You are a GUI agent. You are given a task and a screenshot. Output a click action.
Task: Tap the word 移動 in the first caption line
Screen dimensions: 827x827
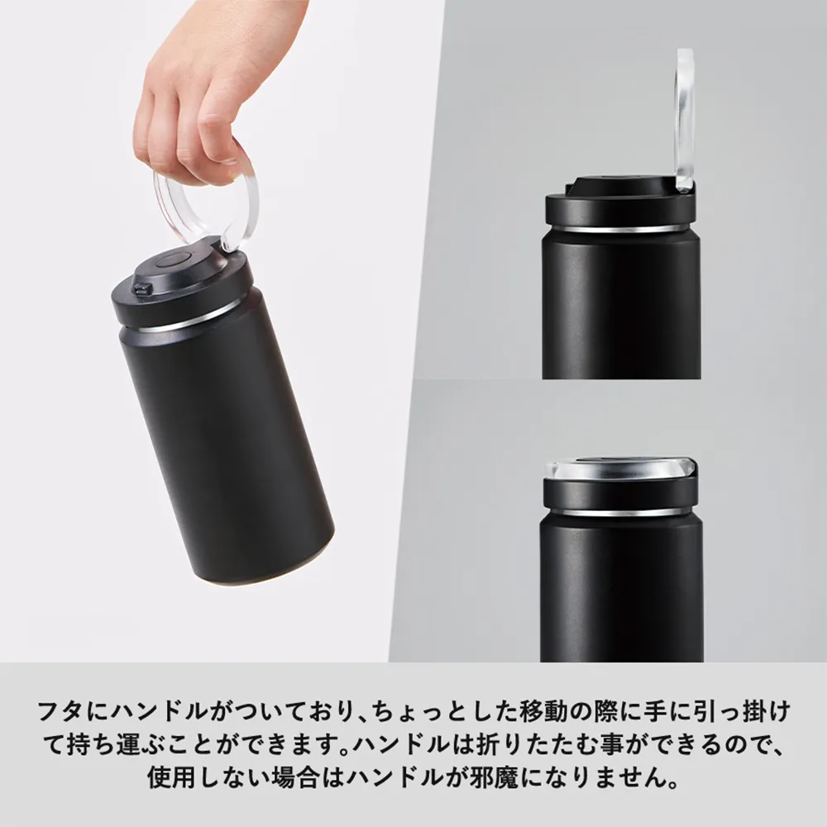(x=540, y=710)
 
